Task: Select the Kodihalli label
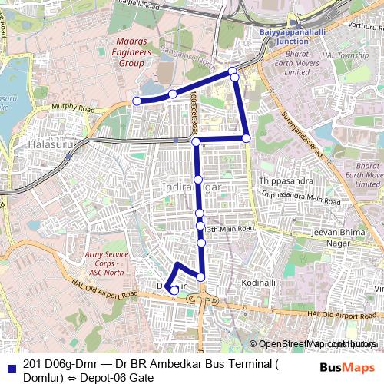coord(258,283)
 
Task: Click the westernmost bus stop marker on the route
coord(137,101)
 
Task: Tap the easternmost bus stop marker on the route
coord(247,138)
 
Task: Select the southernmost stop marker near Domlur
coord(174,290)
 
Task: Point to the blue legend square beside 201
coord(12,366)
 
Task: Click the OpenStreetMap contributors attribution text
coord(316,343)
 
